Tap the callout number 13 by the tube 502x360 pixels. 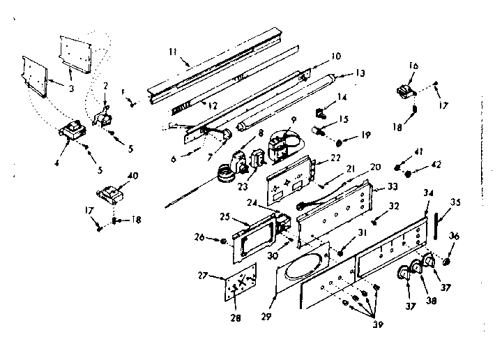360,73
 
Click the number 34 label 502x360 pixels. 429,193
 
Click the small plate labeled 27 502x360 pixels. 236,289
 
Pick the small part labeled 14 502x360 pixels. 322,110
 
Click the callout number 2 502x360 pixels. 105,85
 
